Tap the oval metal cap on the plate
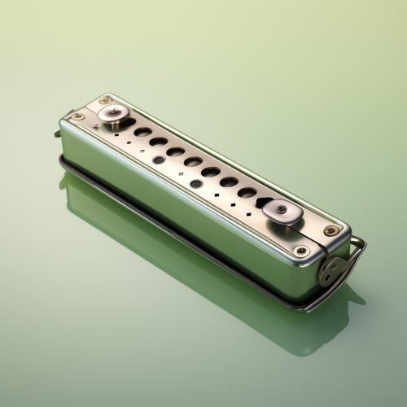pyautogui.click(x=282, y=211)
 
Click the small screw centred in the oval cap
pyautogui.click(x=281, y=209)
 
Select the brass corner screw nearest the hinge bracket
pyautogui.click(x=301, y=251)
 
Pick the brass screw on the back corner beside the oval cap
pyautogui.click(x=330, y=230)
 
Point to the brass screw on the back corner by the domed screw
pyautogui.click(x=106, y=101)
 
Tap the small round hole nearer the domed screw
pyautogui.click(x=158, y=160)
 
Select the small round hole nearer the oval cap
pyautogui.click(x=196, y=183)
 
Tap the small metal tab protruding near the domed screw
pyautogui.click(x=58, y=133)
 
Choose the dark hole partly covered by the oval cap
pyautogui.click(x=263, y=202)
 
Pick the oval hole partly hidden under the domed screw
pyautogui.click(x=128, y=123)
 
